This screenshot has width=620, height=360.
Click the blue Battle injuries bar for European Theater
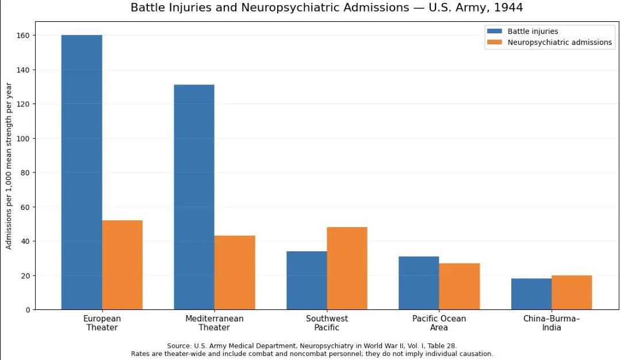(x=82, y=173)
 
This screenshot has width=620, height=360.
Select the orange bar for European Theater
(x=123, y=265)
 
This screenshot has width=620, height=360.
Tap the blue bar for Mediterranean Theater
(x=194, y=197)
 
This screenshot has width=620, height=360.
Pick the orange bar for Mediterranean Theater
(x=235, y=273)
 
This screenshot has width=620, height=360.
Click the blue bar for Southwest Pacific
(x=307, y=281)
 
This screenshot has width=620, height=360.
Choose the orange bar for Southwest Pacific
(x=347, y=269)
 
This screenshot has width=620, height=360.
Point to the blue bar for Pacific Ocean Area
(x=419, y=283)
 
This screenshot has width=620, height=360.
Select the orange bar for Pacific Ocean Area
(x=460, y=286)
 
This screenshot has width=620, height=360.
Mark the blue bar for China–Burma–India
(x=531, y=294)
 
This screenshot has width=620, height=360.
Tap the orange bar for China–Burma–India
(x=572, y=292)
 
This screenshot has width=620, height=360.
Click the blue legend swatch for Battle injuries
(x=494, y=31)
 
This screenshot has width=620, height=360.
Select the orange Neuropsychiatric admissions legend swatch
(x=494, y=43)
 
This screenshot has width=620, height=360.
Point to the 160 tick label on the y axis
(x=24, y=36)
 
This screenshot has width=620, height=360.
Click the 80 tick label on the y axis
(x=26, y=173)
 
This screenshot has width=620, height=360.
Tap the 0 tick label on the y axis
(x=28, y=310)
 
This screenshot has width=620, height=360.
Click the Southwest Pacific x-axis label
(x=327, y=323)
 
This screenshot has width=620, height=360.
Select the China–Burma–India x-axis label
(x=552, y=323)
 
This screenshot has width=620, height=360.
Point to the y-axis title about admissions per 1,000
(x=9, y=166)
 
